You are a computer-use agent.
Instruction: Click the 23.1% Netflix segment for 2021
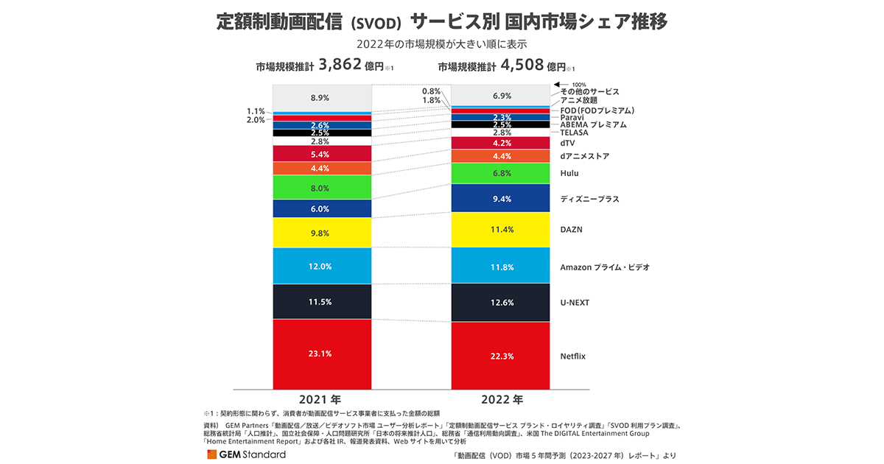[322, 354]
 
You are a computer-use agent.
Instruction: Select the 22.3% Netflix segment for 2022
[500, 356]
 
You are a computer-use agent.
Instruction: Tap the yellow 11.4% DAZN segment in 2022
[500, 230]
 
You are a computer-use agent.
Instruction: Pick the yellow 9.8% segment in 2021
[322, 233]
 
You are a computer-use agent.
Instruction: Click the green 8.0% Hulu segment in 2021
[322, 188]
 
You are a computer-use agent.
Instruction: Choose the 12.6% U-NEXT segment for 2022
[500, 303]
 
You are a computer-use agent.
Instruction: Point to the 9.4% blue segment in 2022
[500, 199]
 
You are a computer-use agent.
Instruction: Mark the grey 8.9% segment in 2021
[322, 97]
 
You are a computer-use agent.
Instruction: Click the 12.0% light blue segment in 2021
[322, 266]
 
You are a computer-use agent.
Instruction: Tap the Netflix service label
[572, 356]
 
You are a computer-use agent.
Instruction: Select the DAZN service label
[571, 230]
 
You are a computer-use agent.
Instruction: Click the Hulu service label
[569, 173]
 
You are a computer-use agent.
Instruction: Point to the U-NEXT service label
[575, 303]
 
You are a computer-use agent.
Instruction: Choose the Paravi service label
[572, 117]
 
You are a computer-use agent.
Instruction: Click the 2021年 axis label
[322, 400]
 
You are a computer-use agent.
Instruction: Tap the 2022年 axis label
[501, 400]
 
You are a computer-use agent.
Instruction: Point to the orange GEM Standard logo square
[212, 454]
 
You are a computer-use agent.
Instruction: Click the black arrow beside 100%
[558, 84]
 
